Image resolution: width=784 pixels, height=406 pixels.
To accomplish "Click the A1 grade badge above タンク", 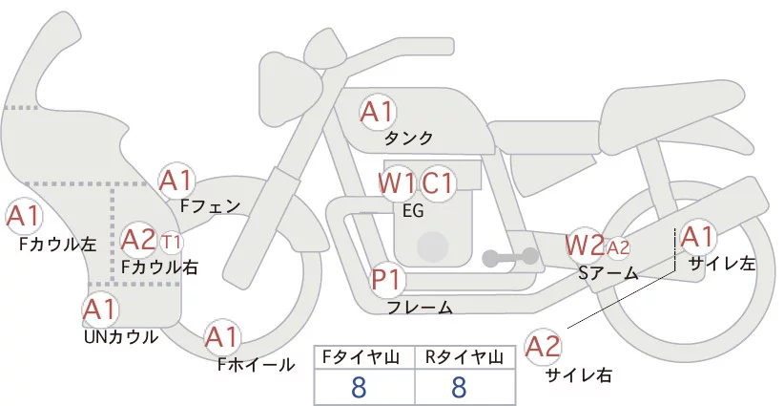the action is [377, 112].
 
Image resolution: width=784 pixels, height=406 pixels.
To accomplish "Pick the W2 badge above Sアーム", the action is [584, 245].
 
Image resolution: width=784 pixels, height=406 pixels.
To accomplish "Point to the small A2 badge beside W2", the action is [617, 247].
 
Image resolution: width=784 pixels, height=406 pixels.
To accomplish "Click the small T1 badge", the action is [172, 240].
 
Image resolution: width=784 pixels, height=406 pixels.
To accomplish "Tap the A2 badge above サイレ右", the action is [545, 346].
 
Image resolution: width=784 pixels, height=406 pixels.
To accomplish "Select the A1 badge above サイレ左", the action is [697, 236].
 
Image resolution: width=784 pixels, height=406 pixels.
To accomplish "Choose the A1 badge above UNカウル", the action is [99, 309].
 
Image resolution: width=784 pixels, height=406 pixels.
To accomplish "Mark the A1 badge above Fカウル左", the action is [23, 215].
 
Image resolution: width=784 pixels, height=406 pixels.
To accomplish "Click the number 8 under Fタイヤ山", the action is [359, 387].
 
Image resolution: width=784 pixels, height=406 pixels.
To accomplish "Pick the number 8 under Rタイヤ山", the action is [459, 387].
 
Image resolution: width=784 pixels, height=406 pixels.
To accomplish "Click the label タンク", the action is [408, 139].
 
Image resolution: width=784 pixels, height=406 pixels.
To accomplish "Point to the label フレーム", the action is [420, 308].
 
